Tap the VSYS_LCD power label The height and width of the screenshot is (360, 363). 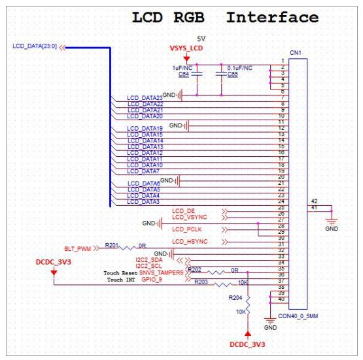click(187, 49)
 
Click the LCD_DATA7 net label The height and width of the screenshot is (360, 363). click(143, 171)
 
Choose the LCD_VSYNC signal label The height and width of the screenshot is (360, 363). click(189, 217)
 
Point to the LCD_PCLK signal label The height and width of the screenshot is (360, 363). click(186, 229)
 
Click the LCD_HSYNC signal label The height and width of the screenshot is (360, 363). click(189, 242)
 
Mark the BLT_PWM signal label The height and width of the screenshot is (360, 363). click(77, 249)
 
